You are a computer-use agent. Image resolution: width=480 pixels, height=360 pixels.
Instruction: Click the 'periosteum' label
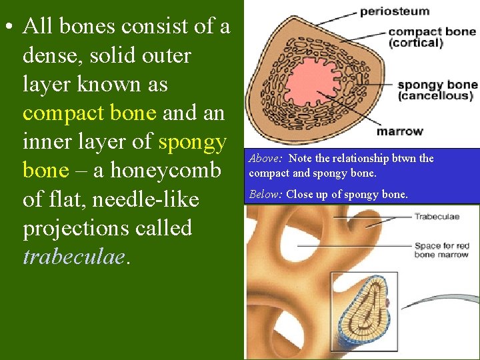tap(394, 11)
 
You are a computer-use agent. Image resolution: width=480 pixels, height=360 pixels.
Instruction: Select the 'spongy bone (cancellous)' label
tap(437, 90)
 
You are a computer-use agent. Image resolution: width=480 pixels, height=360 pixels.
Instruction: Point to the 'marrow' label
tap(399, 131)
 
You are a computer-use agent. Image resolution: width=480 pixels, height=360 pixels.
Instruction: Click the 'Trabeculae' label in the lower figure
tap(437, 216)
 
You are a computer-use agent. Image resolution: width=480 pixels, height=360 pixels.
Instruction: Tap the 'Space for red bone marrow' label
tap(441, 250)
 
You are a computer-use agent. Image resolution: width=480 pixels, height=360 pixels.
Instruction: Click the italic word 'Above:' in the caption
tap(265, 159)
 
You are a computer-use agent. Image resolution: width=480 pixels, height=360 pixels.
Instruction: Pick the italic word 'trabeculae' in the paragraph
tap(73, 257)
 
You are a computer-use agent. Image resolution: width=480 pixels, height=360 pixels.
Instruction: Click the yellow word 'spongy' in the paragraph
tap(193, 142)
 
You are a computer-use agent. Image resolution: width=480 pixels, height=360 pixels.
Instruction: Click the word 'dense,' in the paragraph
tap(51, 56)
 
